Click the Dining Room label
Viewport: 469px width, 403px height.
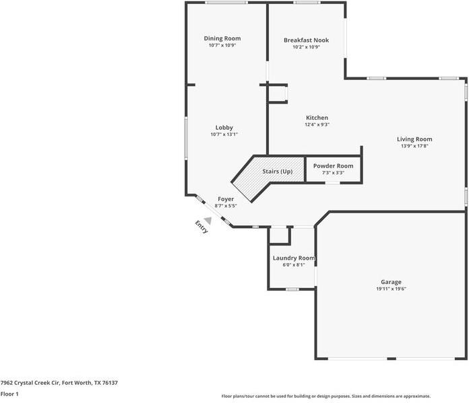tap(222, 38)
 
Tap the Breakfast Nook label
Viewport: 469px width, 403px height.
tap(306, 40)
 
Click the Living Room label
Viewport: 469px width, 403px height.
tap(414, 139)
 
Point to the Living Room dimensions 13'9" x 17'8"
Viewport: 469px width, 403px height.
tap(414, 146)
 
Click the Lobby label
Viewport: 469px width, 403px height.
tap(224, 127)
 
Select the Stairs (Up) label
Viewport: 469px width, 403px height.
tap(277, 172)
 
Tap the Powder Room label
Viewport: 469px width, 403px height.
tap(333, 166)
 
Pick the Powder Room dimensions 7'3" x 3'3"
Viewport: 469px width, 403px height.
tap(333, 173)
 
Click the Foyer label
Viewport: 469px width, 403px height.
tap(225, 199)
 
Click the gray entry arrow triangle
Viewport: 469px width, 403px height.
tap(209, 220)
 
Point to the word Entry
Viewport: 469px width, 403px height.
tap(201, 227)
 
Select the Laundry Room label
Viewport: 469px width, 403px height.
tap(294, 258)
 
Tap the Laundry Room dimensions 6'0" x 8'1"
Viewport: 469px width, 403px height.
tap(294, 265)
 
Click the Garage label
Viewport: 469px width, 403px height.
tap(391, 282)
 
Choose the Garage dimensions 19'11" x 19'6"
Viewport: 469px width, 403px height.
tap(391, 289)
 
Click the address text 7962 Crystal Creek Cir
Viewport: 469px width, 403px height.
tap(30, 382)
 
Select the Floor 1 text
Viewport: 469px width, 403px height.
tap(9, 394)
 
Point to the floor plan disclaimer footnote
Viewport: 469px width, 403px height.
tap(326, 396)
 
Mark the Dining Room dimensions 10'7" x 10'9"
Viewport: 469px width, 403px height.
tap(222, 46)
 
